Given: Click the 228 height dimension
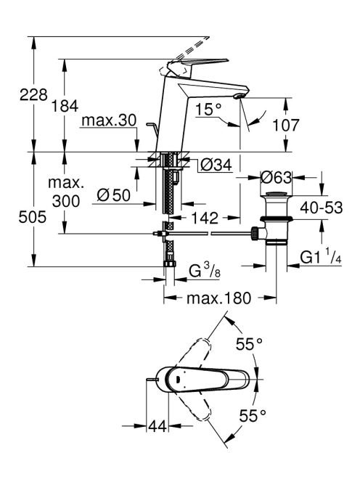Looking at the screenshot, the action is pyautogui.click(x=33, y=94).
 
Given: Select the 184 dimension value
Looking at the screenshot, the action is pyautogui.click(x=65, y=106).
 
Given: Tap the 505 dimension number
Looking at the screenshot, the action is pyautogui.click(x=32, y=217).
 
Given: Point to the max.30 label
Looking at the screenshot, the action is pyautogui.click(x=109, y=120).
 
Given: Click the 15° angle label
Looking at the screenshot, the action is pyautogui.click(x=209, y=110).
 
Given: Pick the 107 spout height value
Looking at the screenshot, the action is pyautogui.click(x=285, y=126).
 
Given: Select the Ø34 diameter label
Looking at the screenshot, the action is pyautogui.click(x=216, y=166).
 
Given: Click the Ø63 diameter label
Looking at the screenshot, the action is pyautogui.click(x=276, y=177).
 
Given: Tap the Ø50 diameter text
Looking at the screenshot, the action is pyautogui.click(x=113, y=195).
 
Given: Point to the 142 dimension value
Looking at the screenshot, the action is pyautogui.click(x=204, y=218).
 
